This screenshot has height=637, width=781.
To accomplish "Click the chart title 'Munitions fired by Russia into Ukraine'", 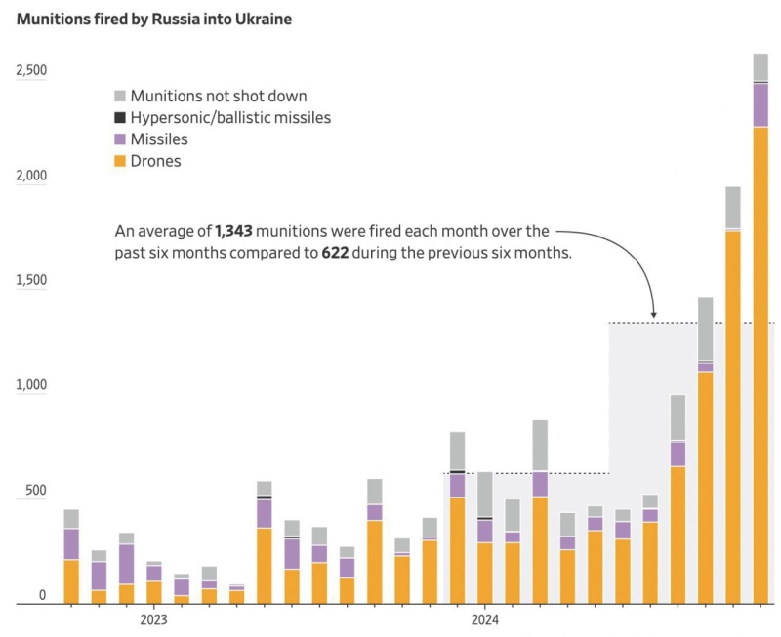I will [x=153, y=20].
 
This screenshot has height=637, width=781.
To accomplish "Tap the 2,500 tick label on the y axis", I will [x=31, y=71].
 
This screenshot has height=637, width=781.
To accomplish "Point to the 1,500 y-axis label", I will [x=31, y=281].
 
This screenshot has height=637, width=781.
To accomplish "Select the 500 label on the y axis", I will [x=36, y=491].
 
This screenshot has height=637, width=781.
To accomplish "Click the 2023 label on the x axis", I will [x=153, y=620].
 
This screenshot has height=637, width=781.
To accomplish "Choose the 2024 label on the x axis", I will [x=485, y=620].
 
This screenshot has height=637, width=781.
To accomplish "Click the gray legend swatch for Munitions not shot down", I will [x=120, y=96].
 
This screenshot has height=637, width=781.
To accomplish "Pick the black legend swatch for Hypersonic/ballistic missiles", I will [x=120, y=118].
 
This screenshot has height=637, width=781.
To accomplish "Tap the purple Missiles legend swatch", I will [x=120, y=139].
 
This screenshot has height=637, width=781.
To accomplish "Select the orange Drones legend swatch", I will [x=120, y=161].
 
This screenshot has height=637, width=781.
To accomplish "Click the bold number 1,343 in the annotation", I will [x=234, y=232].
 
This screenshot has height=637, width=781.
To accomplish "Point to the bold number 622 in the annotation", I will [x=336, y=254].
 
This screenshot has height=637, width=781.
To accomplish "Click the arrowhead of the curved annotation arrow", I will [x=654, y=315].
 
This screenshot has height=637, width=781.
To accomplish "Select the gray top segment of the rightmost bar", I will [x=760, y=67].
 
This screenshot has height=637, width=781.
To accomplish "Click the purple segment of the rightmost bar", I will [x=760, y=105].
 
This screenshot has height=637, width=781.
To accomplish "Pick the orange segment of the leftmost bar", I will [x=71, y=581].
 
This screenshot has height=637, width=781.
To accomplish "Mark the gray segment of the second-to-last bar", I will [x=733, y=207].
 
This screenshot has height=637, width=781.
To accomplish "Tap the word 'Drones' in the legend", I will [x=156, y=161].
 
